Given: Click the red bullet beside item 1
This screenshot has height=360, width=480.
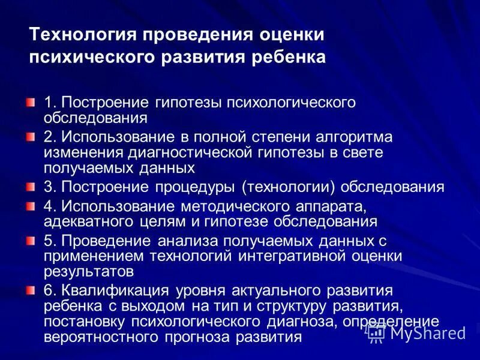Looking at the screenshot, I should pyautogui.click(x=31, y=103).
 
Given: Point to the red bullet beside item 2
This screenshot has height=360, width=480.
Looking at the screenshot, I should pyautogui.click(x=31, y=137).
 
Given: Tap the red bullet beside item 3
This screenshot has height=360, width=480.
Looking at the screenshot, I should pyautogui.click(x=31, y=187).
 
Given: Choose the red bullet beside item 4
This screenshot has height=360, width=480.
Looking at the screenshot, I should pyautogui.click(x=31, y=206).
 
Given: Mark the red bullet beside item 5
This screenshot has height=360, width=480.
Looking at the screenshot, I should pyautogui.click(x=31, y=241).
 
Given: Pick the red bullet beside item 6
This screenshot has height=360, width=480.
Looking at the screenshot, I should pyautogui.click(x=31, y=291).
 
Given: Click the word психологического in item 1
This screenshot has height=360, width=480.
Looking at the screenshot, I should pyautogui.click(x=290, y=103).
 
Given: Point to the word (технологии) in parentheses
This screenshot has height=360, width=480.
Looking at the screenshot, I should pyautogui.click(x=290, y=187).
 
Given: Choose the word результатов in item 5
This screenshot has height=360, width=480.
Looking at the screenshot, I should pyautogui.click(x=88, y=270).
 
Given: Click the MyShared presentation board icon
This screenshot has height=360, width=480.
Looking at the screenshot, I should pyautogui.click(x=376, y=334).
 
